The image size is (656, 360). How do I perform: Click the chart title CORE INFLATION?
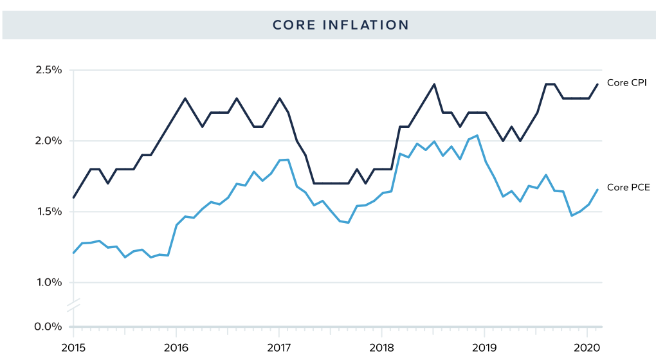click(340, 25)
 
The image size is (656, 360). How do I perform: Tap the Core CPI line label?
click(627, 83)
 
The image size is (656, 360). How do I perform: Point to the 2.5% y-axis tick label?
click(49, 69)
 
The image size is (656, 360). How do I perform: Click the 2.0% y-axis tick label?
click(49, 141)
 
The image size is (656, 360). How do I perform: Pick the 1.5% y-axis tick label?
click(49, 212)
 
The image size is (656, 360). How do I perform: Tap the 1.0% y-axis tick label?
click(49, 282)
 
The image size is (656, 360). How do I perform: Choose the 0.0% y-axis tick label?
click(49, 327)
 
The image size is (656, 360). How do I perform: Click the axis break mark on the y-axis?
click(73, 305)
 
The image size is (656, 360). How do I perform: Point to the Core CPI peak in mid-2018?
click(434, 84)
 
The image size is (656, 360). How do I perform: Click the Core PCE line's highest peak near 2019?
click(476, 135)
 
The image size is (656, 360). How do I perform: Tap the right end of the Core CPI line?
click(597, 84)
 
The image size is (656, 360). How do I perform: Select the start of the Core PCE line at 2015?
click(73, 253)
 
